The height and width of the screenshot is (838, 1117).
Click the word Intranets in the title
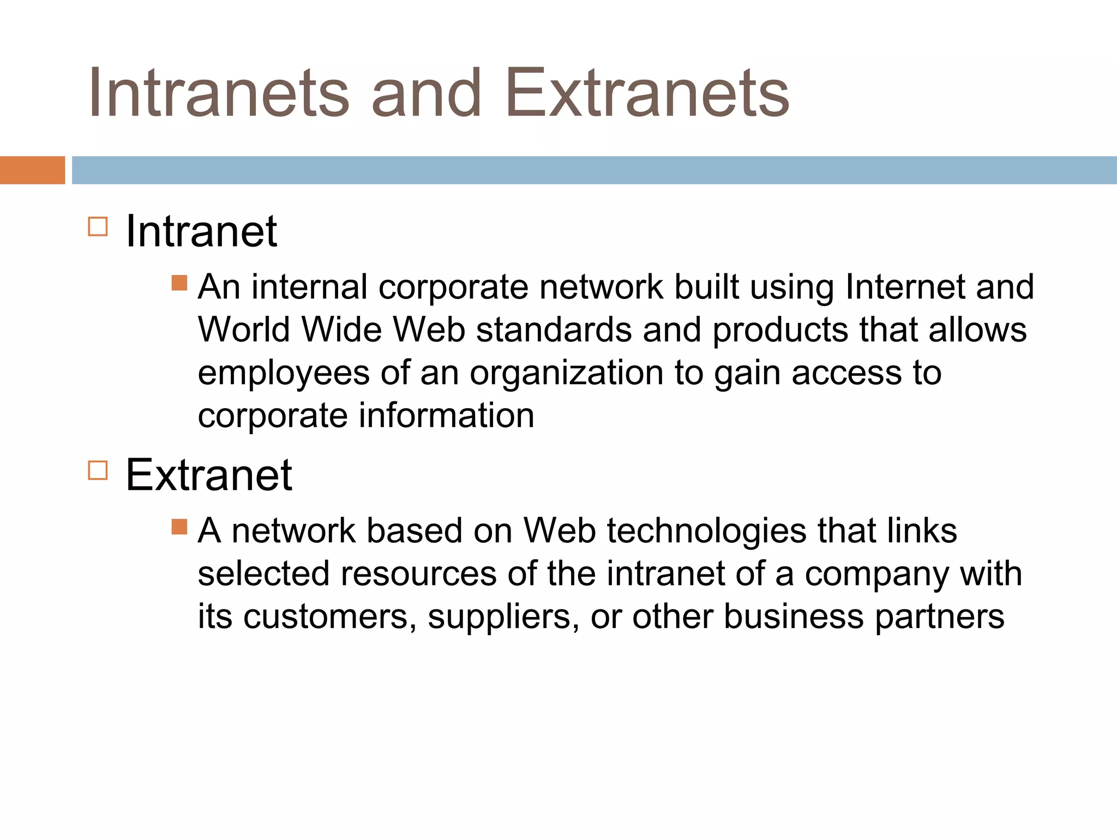pos(218,93)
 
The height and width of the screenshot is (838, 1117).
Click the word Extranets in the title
pos(647,93)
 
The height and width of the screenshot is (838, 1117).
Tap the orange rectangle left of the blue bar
pos(32,170)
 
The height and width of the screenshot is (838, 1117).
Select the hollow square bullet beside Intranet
pos(98,226)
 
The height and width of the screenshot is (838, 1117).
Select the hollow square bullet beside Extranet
pos(98,470)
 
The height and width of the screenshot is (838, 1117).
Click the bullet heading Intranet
pos(201,231)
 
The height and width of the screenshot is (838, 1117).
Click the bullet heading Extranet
pos(209,475)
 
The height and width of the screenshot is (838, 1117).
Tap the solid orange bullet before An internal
pos(179,283)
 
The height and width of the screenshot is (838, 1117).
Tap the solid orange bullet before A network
pos(179,526)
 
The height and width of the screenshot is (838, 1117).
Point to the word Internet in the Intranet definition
pos(905,287)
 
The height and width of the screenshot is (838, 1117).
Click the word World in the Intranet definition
pos(243,330)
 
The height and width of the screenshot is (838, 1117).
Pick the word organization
pos(567,374)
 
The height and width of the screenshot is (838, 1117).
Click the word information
pos(446,416)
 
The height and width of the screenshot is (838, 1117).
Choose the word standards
pos(554,330)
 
